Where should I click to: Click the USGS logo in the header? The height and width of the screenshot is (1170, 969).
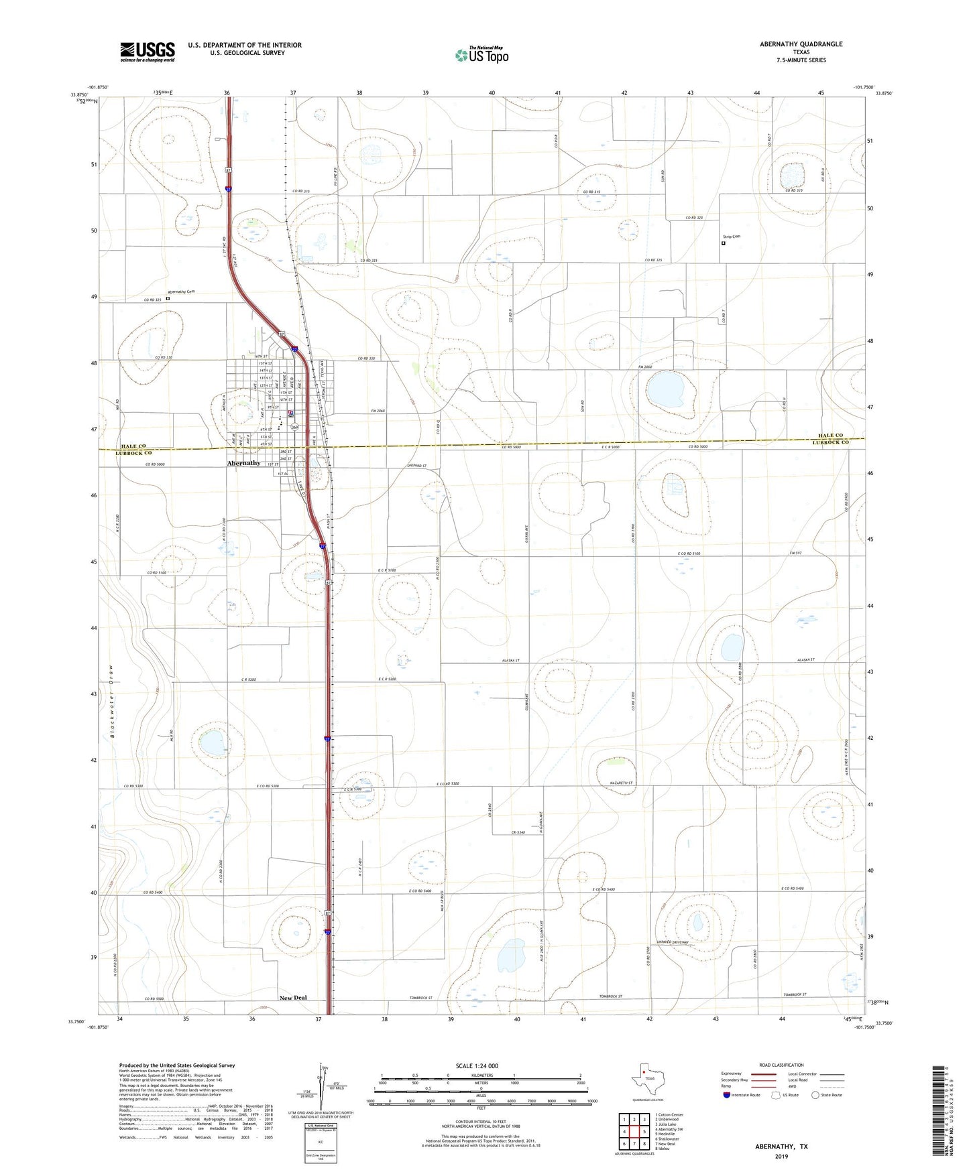click(x=148, y=51)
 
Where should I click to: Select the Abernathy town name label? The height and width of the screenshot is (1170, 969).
click(x=243, y=463)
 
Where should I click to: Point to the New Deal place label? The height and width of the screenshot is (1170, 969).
click(x=293, y=998)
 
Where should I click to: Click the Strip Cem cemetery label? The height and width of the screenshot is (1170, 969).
click(x=732, y=237)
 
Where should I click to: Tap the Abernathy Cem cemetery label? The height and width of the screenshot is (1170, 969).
click(x=181, y=291)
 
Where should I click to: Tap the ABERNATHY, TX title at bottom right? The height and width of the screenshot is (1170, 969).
click(x=781, y=1147)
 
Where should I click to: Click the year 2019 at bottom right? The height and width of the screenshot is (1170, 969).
click(x=781, y=1156)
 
